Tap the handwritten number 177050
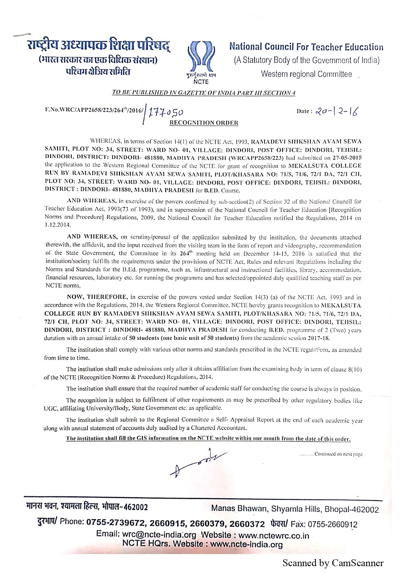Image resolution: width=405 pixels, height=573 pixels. tap(166, 112)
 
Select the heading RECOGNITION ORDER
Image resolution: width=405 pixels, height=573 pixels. tap(204, 123)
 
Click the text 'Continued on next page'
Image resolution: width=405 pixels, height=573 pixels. tap(338, 454)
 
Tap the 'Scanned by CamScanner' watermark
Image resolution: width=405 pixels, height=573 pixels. tap(333, 563)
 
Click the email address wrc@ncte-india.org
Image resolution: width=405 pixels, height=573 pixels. tap(159, 534)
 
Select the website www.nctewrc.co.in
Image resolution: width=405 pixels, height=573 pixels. tap(274, 535)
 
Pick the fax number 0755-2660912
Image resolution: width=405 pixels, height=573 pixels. tap(332, 524)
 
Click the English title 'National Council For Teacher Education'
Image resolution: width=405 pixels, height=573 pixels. tap(306, 47)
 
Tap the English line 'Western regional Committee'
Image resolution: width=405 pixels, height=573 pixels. tap(306, 74)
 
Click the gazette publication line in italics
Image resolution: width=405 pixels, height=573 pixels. tap(203, 92)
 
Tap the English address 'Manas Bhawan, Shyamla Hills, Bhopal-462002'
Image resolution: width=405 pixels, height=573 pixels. tap(295, 509)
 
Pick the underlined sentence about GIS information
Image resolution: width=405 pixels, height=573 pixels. tap(208, 438)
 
